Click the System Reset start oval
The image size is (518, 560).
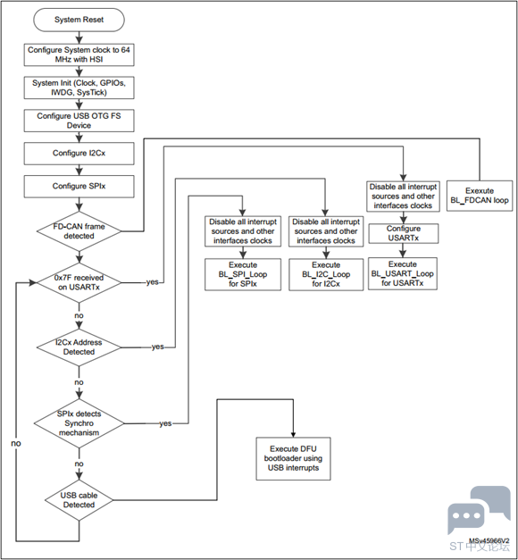pos(79,20)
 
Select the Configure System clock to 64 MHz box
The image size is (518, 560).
pos(79,54)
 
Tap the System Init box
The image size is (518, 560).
pos(79,88)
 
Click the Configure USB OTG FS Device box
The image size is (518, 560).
pos(79,121)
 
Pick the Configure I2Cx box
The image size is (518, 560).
pos(79,154)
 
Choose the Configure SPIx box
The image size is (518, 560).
pos(79,187)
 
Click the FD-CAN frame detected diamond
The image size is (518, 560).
pos(79,231)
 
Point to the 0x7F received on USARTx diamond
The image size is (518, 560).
pos(79,282)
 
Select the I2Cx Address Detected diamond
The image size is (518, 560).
pos(79,347)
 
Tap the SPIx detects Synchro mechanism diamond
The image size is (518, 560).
pos(79,423)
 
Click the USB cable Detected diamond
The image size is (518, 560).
pos(79,500)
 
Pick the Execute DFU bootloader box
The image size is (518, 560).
pos(293,458)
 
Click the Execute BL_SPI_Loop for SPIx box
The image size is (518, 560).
pos(243,274)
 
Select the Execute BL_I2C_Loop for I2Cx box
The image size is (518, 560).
pos(326,274)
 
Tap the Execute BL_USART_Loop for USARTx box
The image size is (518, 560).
pos(403,273)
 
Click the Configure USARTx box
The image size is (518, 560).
pos(404,233)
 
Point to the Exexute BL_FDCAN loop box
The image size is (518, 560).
pos(480,196)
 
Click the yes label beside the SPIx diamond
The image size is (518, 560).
pos(165,423)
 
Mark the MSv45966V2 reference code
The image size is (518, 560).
pos(489,541)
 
